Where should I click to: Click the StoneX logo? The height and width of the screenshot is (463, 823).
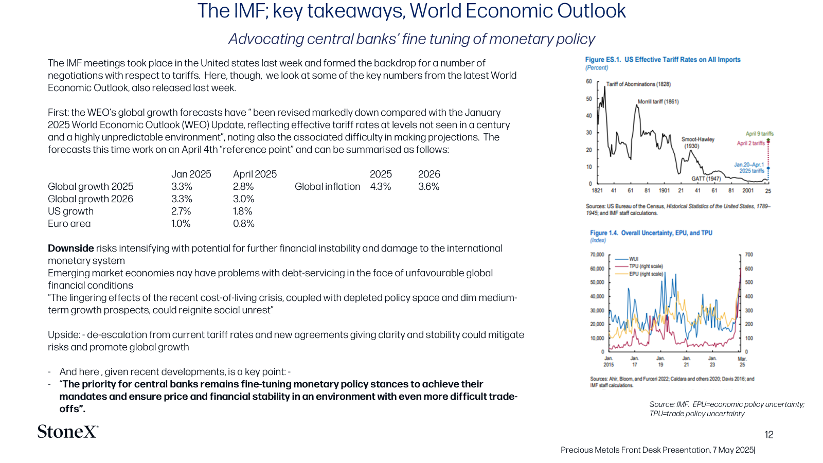68,432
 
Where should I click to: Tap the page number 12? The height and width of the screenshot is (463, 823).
769,435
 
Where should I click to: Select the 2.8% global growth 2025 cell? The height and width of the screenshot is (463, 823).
243,187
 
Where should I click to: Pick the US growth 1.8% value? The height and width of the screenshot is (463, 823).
242,211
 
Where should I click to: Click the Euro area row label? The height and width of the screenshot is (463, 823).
69,224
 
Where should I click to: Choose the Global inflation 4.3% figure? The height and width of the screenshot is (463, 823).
380,187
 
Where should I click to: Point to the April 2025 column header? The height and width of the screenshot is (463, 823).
255,174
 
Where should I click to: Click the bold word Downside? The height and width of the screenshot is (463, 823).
71,248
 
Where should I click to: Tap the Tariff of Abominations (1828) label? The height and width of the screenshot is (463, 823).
638,84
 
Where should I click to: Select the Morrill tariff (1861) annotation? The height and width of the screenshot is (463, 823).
658,101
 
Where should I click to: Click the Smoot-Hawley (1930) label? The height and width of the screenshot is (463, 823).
697,143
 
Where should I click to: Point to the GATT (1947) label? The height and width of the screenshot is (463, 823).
706,179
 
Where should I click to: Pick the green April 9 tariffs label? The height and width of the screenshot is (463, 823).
759,134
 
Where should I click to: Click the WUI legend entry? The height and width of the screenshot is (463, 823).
627,259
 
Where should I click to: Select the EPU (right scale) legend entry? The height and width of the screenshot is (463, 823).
639,274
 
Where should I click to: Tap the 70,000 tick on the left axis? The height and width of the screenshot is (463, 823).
597,254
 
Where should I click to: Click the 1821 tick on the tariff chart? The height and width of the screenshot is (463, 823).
597,190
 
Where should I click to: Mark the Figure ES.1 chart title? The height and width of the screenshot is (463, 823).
663,60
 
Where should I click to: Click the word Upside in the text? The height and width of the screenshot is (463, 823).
64,335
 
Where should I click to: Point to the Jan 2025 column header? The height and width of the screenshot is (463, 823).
191,174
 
